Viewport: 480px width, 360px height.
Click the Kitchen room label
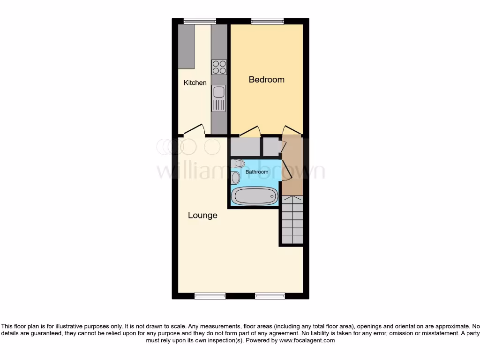click(x=195, y=83)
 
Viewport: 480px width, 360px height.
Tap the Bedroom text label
click(x=266, y=80)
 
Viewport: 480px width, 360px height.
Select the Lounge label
click(x=202, y=216)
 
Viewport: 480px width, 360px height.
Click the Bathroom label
click(x=257, y=172)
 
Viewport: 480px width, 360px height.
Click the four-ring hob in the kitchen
click(x=219, y=67)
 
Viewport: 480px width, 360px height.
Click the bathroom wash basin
click(x=236, y=178)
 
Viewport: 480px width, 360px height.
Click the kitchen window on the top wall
click(x=200, y=21)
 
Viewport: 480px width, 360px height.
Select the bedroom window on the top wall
click(x=267, y=21)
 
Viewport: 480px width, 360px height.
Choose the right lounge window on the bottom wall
click(x=270, y=296)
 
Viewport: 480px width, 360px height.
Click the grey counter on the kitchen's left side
click(x=186, y=46)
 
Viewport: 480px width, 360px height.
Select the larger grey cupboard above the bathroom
click(x=245, y=147)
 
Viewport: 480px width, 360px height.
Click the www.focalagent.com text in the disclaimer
click(x=307, y=341)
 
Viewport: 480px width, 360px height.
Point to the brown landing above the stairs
click(x=293, y=164)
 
